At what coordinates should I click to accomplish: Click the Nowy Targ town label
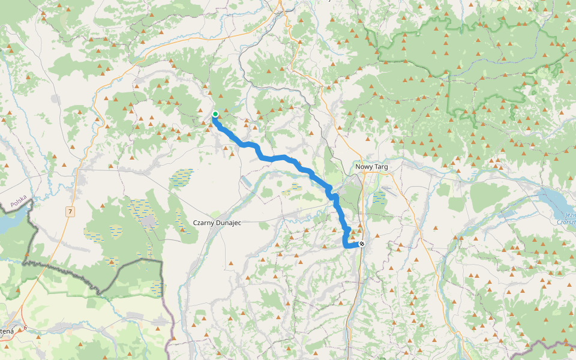(x=372, y=166)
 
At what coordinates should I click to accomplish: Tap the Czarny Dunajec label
(x=217, y=222)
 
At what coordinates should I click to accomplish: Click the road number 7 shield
(x=71, y=211)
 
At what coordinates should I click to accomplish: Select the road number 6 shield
(x=25, y=327)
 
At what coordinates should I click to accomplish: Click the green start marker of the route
(x=215, y=114)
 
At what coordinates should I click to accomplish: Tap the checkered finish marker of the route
(x=361, y=244)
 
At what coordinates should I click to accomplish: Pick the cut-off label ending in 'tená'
(x=6, y=331)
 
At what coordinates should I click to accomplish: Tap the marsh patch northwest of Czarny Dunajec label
(x=183, y=176)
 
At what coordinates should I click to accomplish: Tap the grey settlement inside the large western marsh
(x=147, y=222)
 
